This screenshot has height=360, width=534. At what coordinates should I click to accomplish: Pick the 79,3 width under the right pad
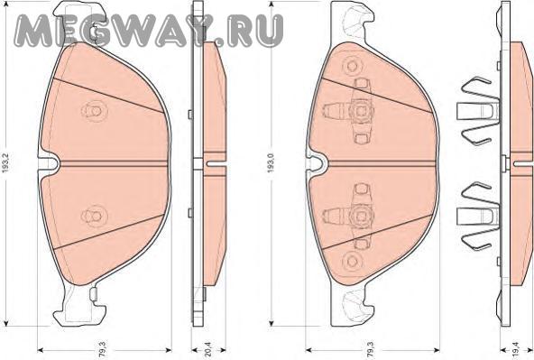pos(371,349)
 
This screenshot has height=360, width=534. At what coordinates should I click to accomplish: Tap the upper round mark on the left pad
pos(95,111)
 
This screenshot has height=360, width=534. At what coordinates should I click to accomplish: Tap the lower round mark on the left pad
pos(95,216)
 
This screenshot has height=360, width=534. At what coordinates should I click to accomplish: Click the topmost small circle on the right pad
pos(352,65)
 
